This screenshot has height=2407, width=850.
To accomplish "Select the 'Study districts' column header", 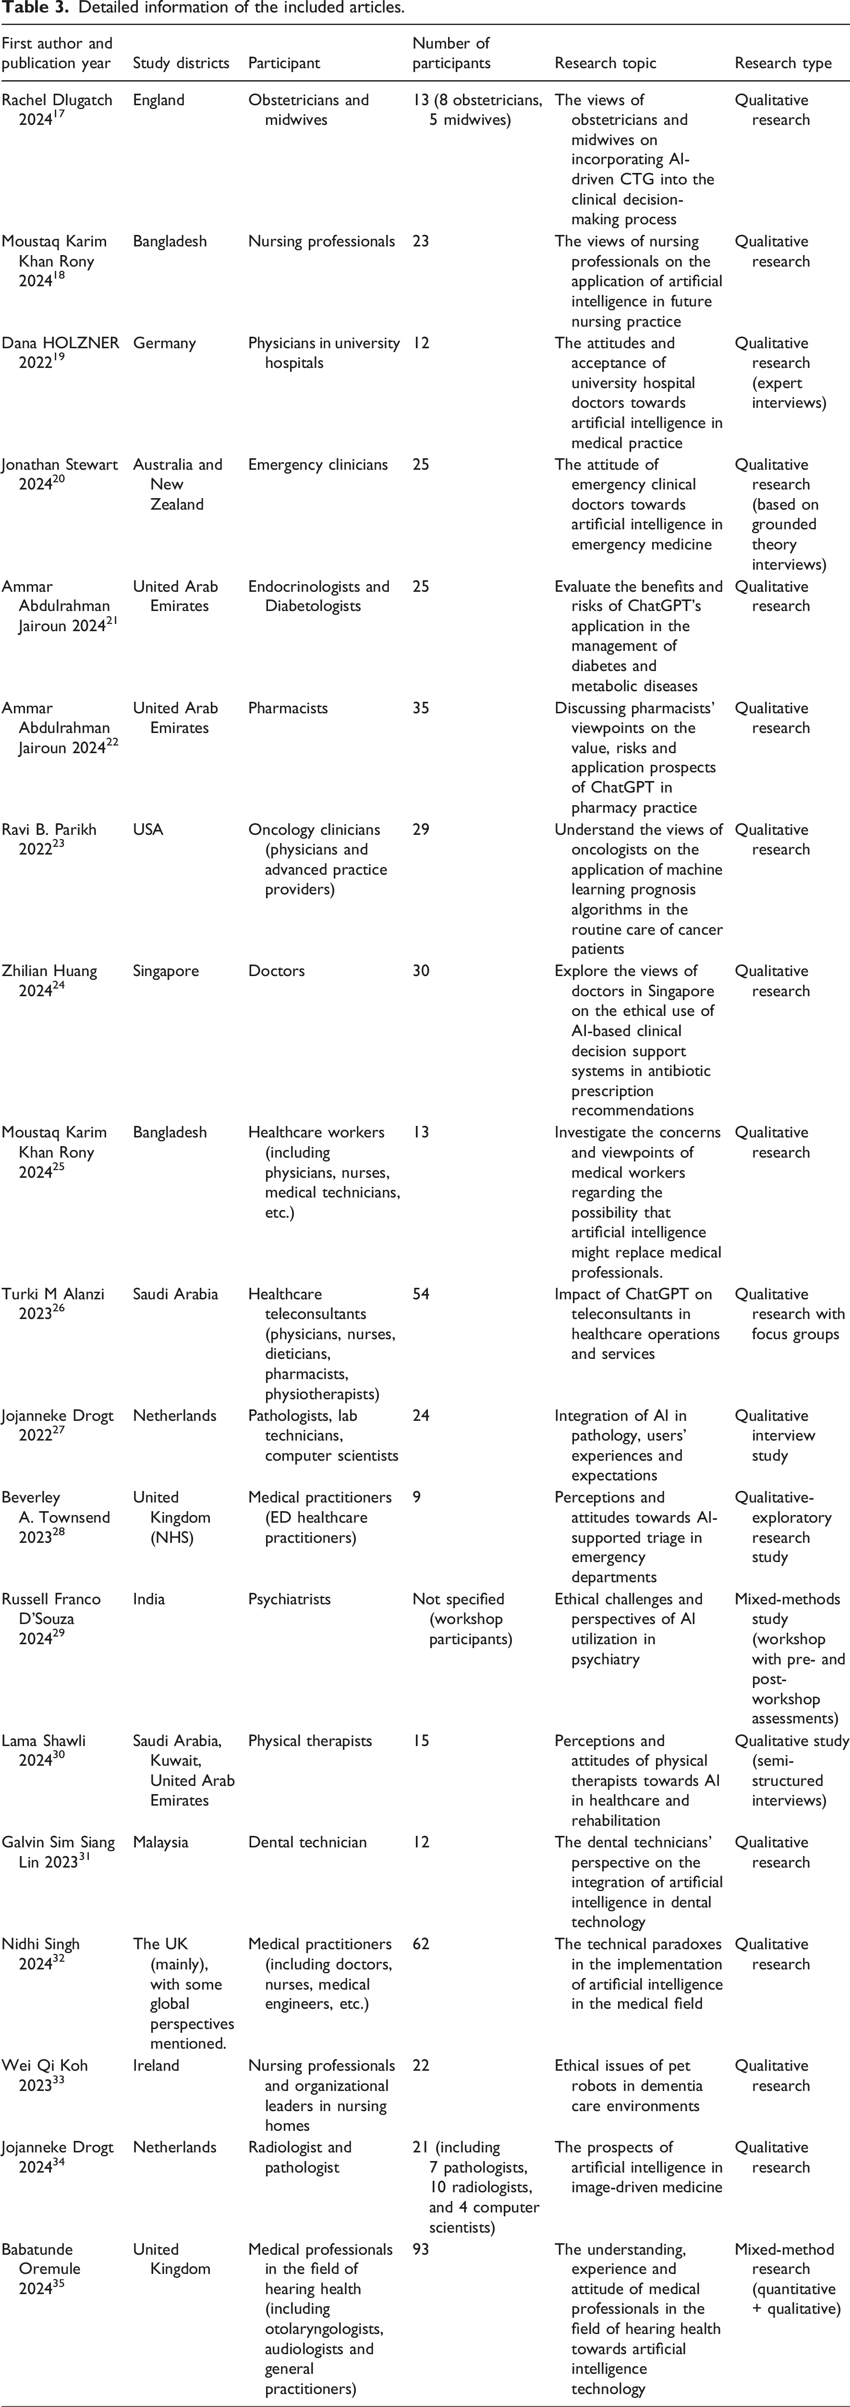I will pos(180,63).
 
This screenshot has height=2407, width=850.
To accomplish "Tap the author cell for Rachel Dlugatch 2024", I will pos(56,110).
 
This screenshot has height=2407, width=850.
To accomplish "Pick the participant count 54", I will pos(421,1294).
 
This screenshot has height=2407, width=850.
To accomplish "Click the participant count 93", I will pos(421,2249).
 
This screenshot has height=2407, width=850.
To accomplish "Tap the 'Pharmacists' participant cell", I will pos(288,709).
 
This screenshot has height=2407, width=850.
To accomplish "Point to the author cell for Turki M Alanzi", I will pos(52,1304).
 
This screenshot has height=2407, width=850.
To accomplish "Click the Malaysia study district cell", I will pos(160,1843).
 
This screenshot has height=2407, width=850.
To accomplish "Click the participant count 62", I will pos(421,1943).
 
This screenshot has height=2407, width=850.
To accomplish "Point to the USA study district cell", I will pos(147,830).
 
